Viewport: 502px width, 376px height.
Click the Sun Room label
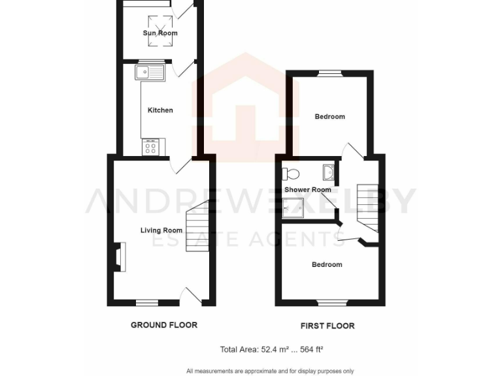[160, 33]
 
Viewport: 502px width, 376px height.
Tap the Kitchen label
[160, 110]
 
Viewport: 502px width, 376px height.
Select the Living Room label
[161, 230]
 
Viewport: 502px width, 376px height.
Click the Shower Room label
[308, 190]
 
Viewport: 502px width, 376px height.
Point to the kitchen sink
[152, 72]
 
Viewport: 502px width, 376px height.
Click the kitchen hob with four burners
[150, 148]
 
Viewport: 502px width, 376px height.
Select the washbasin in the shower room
[327, 173]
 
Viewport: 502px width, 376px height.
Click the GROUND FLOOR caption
[164, 324]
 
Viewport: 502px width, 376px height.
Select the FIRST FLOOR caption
[327, 325]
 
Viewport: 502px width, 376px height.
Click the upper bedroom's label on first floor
[329, 117]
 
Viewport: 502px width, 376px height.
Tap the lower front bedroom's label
[326, 264]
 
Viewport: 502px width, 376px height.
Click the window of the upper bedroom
[331, 73]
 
